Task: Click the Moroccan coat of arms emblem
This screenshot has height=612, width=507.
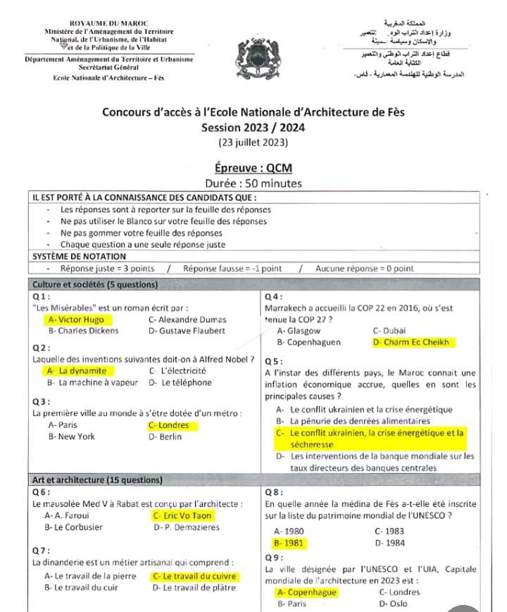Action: [x=253, y=54]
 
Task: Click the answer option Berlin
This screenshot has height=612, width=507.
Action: [x=165, y=436]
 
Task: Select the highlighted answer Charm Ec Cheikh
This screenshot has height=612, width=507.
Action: [x=414, y=343]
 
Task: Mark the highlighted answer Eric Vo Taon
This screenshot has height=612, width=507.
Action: [x=182, y=515]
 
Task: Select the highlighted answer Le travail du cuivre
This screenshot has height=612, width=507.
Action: [x=193, y=577]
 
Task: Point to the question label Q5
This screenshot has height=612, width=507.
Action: [x=273, y=361]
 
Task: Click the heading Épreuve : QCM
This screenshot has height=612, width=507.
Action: [x=253, y=168]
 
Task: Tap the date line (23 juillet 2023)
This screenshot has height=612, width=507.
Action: [x=253, y=142]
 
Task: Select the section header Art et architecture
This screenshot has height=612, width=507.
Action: [x=97, y=480]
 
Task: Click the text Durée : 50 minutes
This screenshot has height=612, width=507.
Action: [x=253, y=183]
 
